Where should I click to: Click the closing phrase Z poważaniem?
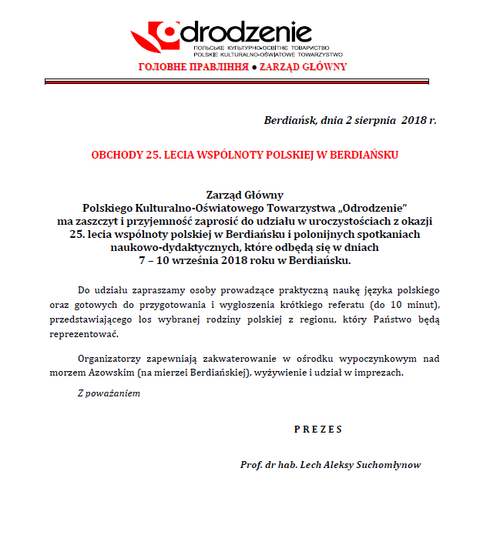pyautogui.click(x=109, y=393)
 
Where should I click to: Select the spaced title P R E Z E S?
pyautogui.click(x=317, y=429)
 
